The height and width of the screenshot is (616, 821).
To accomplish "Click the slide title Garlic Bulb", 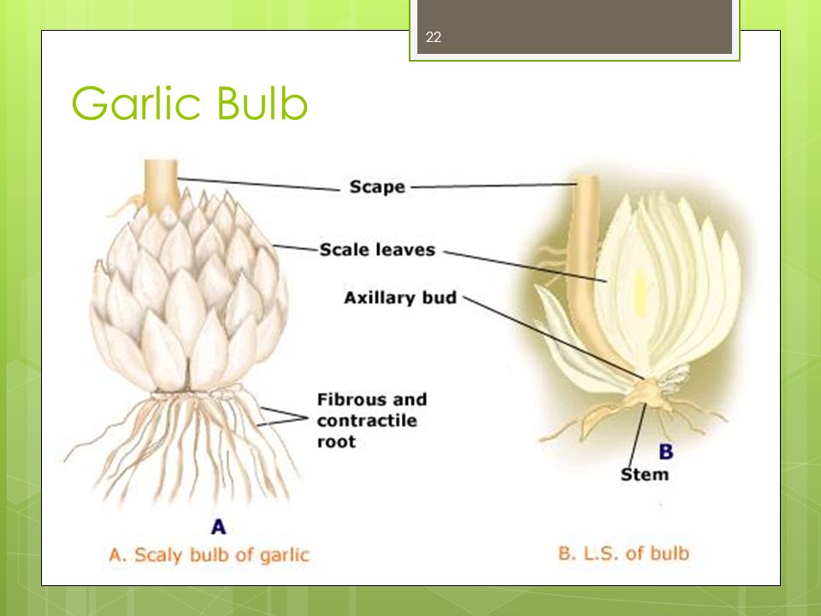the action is tap(189, 103).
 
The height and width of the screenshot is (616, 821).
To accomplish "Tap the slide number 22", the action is tap(434, 37).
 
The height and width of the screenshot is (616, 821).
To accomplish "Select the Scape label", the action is tap(377, 187).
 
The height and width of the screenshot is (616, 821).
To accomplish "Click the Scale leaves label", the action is tap(377, 249).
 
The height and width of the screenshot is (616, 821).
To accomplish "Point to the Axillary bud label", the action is tap(400, 298).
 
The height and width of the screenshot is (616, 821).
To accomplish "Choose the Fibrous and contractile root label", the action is tap(372, 420).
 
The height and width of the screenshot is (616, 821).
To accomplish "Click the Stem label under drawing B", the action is tap(645, 475).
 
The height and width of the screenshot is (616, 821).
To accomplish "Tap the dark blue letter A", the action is tap(218, 526).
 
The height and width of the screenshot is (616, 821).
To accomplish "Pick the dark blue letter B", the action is tap(666, 452).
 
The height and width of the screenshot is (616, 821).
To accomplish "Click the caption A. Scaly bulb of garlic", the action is tap(209, 555).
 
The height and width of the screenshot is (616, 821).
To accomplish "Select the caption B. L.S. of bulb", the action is tap(623, 554).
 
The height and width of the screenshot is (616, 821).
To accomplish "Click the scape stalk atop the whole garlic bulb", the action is tap(162, 187).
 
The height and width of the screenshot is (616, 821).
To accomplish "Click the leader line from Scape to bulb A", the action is tap(258, 185).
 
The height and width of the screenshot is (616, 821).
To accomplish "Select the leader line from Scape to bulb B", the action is tap(493, 186).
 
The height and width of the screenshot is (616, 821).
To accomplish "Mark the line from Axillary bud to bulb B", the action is tap(554, 338).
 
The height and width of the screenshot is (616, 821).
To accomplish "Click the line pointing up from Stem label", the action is tap(636, 435).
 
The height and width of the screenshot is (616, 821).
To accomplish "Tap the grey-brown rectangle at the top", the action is tap(575, 27).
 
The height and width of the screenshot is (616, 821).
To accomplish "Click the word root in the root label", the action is tap(336, 441).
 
